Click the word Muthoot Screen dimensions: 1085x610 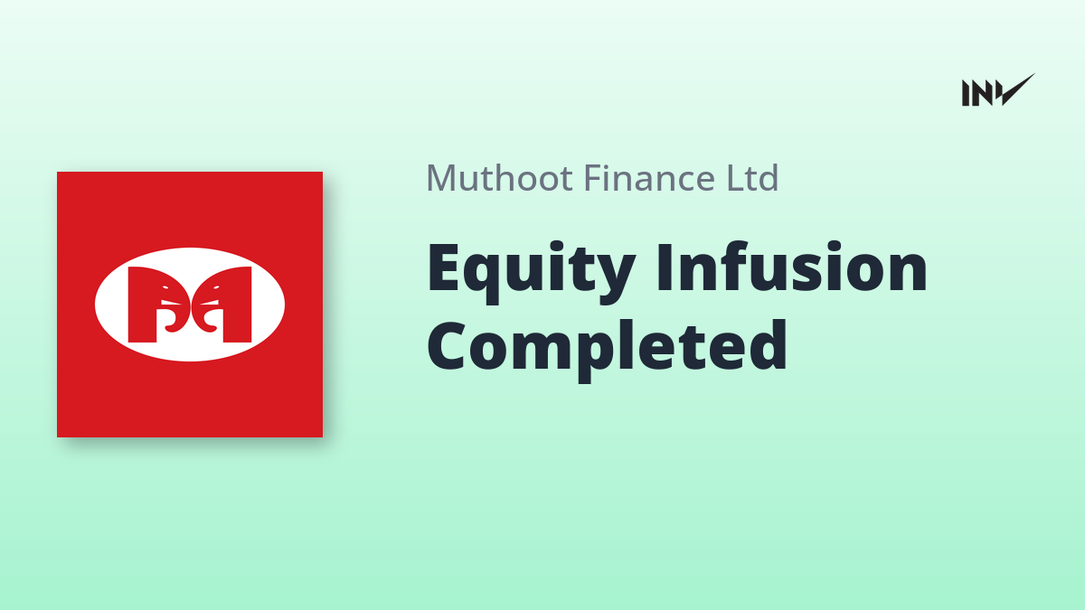499,178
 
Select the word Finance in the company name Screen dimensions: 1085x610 649,178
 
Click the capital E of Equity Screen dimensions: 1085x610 442,267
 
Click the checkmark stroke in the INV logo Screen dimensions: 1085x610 1016,89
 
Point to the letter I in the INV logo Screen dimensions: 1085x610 966,93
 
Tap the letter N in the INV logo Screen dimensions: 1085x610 981,93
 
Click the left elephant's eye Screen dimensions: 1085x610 165,287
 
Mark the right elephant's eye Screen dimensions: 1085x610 214,287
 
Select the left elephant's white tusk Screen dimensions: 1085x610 170,303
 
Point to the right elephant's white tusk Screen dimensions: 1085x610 209,303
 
